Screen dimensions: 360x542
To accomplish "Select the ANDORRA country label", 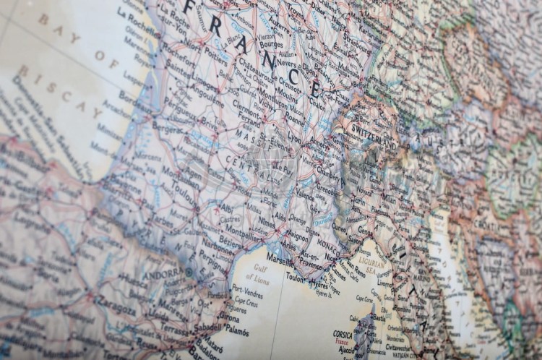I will [x=164, y=275].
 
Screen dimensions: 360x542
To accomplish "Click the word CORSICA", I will [x=343, y=334].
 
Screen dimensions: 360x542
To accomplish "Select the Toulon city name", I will [x=296, y=276].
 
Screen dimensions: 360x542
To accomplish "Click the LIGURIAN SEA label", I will [x=372, y=257].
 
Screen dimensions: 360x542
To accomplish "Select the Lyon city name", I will [x=294, y=135].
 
